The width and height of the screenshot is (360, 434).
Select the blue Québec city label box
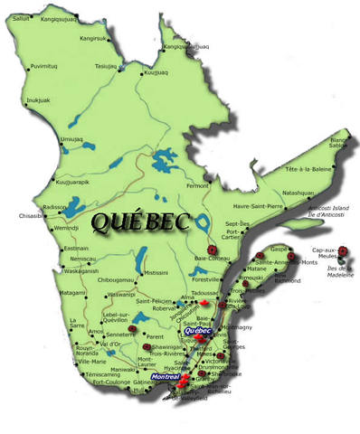(x=197, y=331)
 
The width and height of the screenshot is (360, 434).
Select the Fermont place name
(x=196, y=185)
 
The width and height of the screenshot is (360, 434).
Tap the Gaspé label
(x=279, y=248)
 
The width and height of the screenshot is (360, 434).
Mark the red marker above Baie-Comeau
(x=212, y=247)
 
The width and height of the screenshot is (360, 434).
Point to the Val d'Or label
(x=110, y=344)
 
